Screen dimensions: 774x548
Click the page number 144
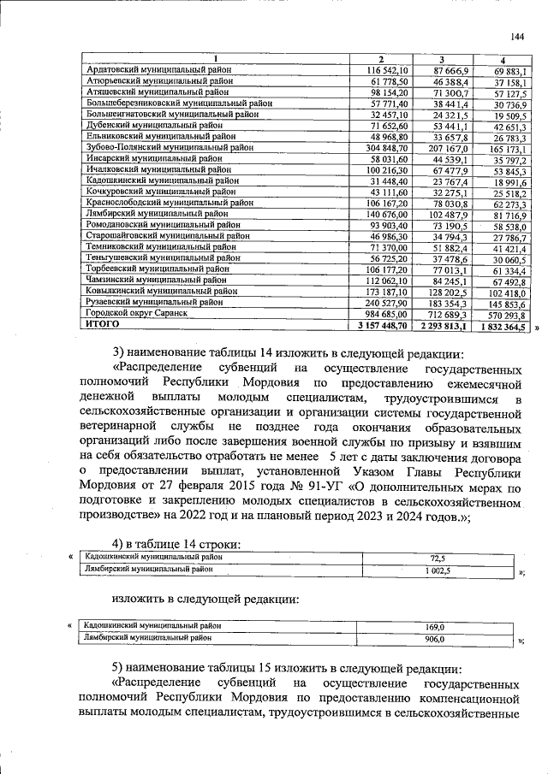pos(516,36)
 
